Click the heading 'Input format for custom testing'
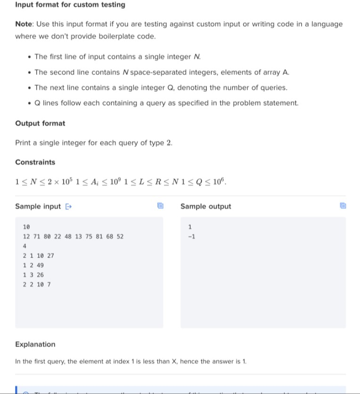pos(70,5)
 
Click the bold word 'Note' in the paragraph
pos(23,24)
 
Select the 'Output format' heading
pos(40,123)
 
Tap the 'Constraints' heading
pos(35,162)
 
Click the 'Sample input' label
pos(38,206)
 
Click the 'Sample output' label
pos(206,206)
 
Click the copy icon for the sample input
pos(160,206)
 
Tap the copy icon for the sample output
pos(343,206)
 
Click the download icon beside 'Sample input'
pos(68,206)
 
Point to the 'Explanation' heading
pos(35,344)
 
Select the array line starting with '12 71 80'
pos(73,236)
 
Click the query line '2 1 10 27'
pos(38,256)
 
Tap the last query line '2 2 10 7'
pos(37,284)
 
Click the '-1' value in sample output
pos(191,236)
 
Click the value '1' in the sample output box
pos(189,227)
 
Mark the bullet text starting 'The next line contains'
pos(161,88)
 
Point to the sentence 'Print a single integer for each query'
pos(94,143)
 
